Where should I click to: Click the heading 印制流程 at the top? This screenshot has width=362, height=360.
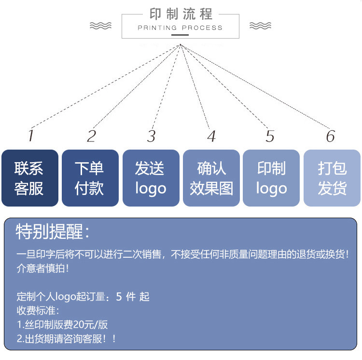(x=181, y=14)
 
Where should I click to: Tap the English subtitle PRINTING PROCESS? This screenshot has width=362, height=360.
(x=180, y=28)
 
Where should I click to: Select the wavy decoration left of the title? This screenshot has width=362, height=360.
(x=100, y=26)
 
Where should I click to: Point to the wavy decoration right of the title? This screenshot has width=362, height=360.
(x=260, y=26)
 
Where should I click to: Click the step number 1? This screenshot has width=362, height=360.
(x=31, y=136)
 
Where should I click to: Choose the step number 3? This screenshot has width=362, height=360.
(x=152, y=136)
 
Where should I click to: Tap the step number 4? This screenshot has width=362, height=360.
(x=211, y=136)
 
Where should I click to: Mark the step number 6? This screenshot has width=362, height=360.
(x=330, y=136)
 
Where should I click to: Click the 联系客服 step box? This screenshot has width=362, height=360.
(x=29, y=178)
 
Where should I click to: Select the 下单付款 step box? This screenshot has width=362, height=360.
(x=90, y=178)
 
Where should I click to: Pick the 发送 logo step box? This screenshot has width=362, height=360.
(x=150, y=178)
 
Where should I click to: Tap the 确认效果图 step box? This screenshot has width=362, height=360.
(x=211, y=178)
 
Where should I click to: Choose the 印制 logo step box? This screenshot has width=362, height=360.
(x=271, y=178)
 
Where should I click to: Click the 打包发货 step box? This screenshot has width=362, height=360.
(x=332, y=178)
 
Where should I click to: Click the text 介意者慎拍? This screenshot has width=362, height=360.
(x=42, y=268)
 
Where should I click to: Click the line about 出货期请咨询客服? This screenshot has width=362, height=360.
(x=67, y=338)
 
